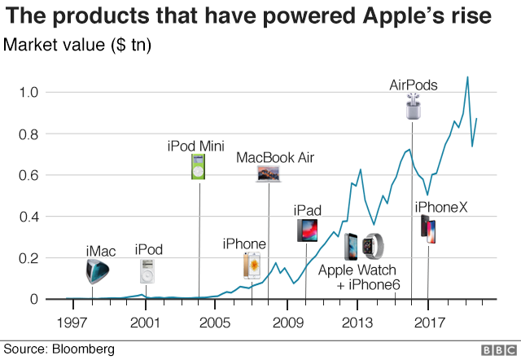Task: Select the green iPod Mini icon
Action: pos(199,166)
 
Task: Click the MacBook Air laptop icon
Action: pos(268,173)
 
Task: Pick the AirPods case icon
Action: pos(414,106)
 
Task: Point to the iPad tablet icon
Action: pos(308,230)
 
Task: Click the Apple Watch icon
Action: pos(375,246)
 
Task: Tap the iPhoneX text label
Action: pos(441,208)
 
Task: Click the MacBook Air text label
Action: pos(275,157)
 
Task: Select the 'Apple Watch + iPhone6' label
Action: pos(359,277)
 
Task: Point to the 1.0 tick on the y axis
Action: pos(28,92)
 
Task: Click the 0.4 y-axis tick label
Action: pos(28,217)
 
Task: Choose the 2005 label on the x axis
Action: pos(215,323)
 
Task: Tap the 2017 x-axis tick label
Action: pos(429,323)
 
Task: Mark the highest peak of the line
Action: pos(466,77)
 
